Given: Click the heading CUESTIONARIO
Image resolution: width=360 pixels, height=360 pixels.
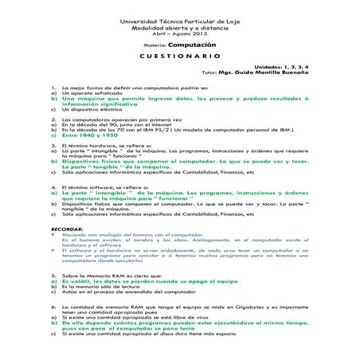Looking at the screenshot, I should tap(180, 57).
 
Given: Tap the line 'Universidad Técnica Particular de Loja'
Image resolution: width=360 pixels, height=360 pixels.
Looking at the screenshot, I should tap(180, 20).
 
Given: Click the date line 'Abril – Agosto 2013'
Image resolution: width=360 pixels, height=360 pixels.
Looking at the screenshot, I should tap(180, 33).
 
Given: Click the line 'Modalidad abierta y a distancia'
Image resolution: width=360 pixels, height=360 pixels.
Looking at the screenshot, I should tap(180, 27).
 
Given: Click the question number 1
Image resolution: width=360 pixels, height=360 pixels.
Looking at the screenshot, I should tap(53, 87).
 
